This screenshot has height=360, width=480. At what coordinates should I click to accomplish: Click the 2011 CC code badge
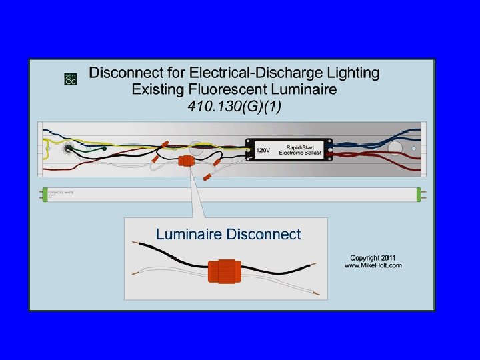pyautogui.click(x=71, y=79)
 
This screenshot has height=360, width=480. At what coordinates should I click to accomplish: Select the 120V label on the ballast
pyautogui.click(x=264, y=151)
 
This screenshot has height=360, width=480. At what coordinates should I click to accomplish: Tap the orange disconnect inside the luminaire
pyautogui.click(x=185, y=162)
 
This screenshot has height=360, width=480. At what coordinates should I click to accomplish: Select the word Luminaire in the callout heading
pyautogui.click(x=189, y=234)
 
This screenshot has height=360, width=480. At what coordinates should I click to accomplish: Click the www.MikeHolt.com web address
pyautogui.click(x=373, y=265)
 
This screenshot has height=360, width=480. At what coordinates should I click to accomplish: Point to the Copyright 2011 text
pyautogui.click(x=373, y=257)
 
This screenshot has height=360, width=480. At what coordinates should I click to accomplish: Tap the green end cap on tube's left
pyautogui.click(x=42, y=195)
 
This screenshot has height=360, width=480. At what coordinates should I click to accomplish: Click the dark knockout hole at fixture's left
pyautogui.click(x=68, y=148)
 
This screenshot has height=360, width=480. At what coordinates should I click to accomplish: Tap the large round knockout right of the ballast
pyautogui.click(x=395, y=148)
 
